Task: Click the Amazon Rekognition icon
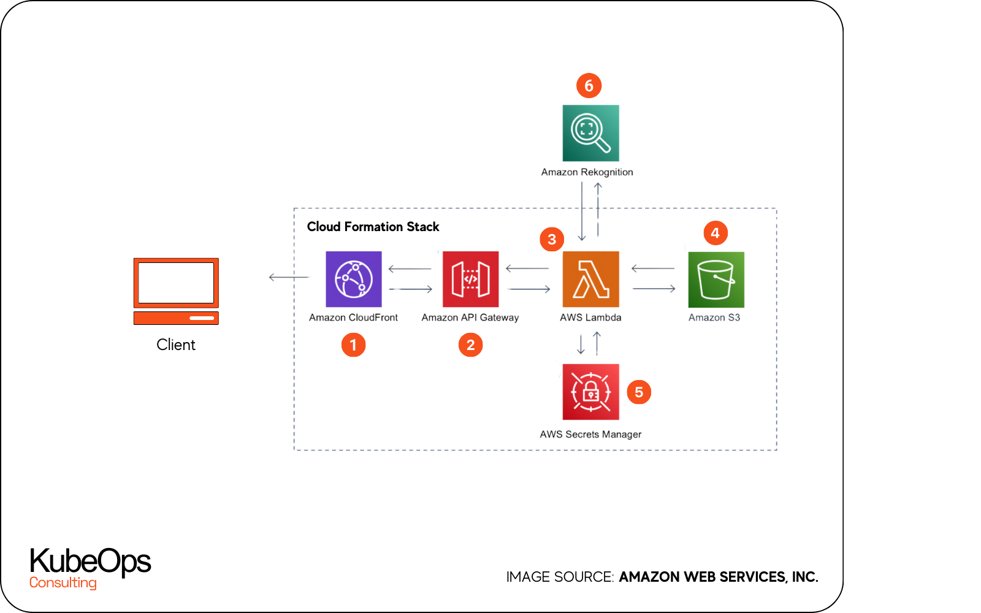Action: tap(590, 133)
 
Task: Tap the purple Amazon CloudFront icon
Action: tap(353, 279)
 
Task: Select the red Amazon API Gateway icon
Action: tap(470, 279)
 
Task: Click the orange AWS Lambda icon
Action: tap(590, 279)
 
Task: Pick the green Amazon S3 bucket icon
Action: tap(716, 280)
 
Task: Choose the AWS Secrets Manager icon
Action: tap(590, 392)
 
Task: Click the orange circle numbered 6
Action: tap(589, 86)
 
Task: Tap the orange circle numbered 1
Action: tap(353, 345)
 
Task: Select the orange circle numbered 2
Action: tap(470, 345)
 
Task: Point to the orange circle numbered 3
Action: tap(552, 239)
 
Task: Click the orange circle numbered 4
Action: tap(715, 233)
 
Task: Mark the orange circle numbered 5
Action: tap(638, 392)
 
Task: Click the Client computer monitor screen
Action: tap(176, 283)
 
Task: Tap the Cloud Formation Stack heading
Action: tap(373, 227)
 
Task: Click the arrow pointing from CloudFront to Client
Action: tap(288, 277)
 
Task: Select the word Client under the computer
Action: tap(176, 345)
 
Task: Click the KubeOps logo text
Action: tap(90, 561)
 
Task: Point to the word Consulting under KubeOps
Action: tap(63, 582)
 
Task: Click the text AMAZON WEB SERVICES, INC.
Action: tap(718, 577)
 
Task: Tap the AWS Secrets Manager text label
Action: tap(590, 434)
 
